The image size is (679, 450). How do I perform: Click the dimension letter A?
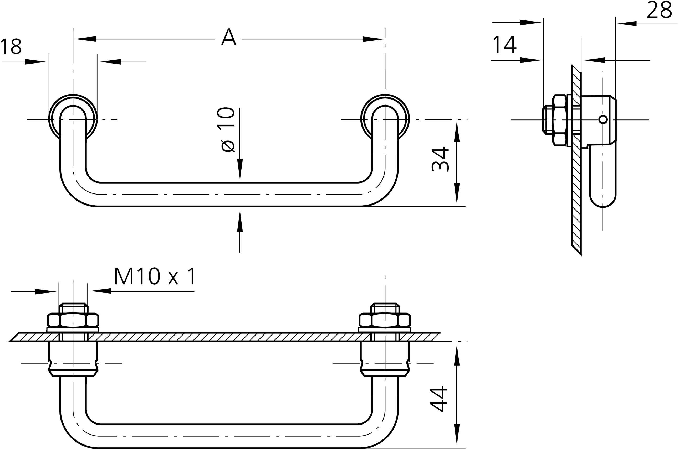pyautogui.click(x=229, y=37)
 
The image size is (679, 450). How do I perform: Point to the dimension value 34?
pyautogui.click(x=440, y=159)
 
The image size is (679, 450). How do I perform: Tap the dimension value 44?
pyautogui.click(x=439, y=399)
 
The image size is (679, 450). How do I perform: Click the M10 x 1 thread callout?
pyautogui.click(x=155, y=276)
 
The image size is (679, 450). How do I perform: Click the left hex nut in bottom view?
pyautogui.click(x=73, y=320)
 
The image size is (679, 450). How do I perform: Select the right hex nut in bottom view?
pyautogui.click(x=385, y=320)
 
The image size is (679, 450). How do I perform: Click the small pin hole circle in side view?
pyautogui.click(x=603, y=119)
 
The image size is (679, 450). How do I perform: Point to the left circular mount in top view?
pyautogui.click(x=73, y=118)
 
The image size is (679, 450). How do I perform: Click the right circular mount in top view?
pyautogui.click(x=385, y=118)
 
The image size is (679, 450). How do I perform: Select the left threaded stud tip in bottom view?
pyautogui.click(x=73, y=308)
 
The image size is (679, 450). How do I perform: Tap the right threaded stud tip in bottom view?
pyautogui.click(x=385, y=308)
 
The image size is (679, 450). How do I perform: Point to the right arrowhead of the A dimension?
pyautogui.click(x=373, y=39)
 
